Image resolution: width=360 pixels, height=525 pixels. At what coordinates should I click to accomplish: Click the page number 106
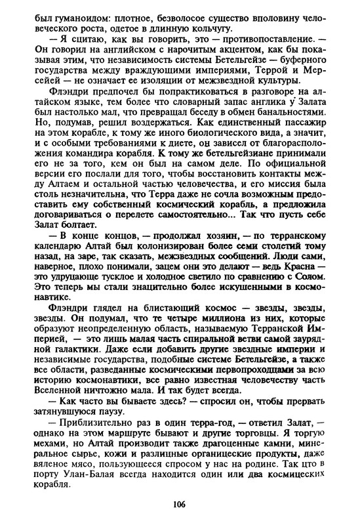point(180,504)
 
